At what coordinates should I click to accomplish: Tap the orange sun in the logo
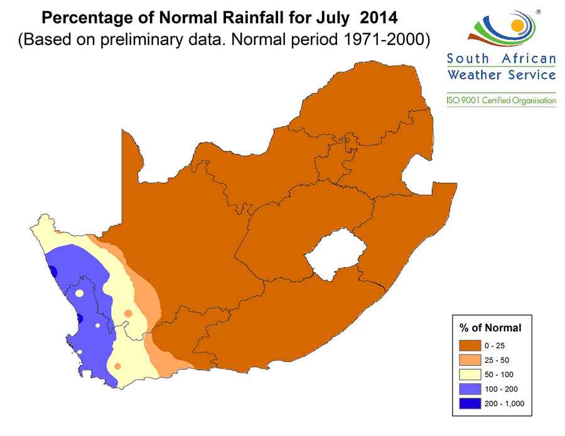click(517, 26)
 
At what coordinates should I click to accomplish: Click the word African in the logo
click(530, 59)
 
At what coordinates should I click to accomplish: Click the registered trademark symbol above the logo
click(539, 11)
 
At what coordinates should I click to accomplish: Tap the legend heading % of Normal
click(490, 327)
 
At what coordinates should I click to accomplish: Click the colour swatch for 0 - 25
click(470, 345)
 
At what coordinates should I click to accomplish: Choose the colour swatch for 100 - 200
click(470, 388)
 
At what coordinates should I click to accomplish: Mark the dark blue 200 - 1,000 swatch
click(470, 403)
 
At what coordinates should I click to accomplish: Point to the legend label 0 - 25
click(493, 345)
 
